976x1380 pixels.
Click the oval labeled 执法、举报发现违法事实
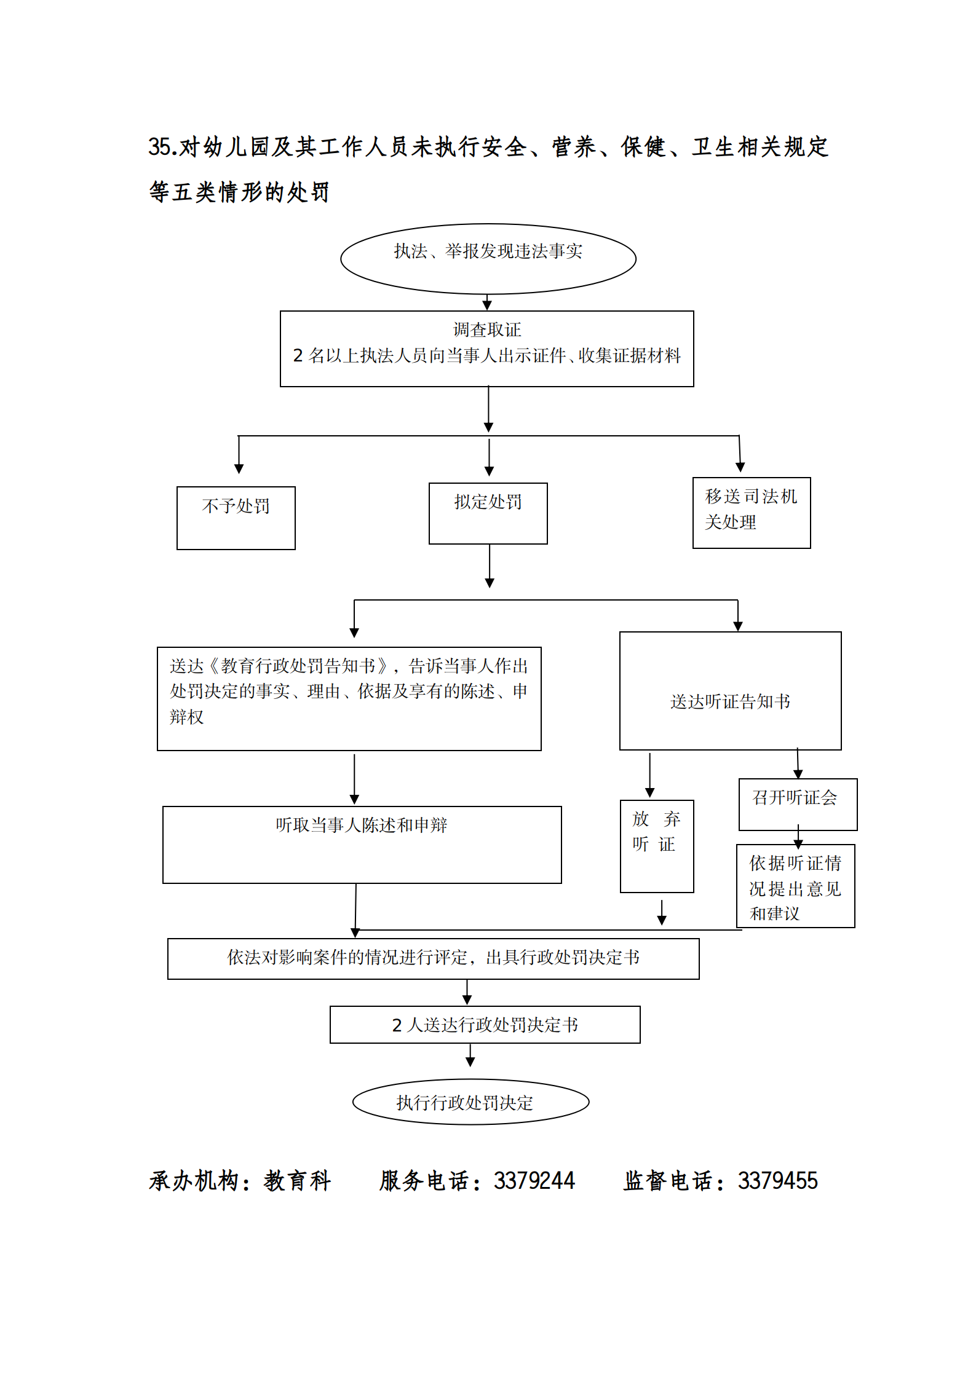point(488,258)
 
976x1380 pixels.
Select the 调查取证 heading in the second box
point(486,330)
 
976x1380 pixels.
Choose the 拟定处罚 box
point(488,513)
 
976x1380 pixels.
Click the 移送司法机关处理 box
point(751,512)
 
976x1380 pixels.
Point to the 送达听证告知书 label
point(730,701)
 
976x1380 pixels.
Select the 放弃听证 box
point(656,845)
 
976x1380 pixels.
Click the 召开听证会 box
point(797,803)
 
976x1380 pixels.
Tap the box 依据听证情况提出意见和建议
point(795,886)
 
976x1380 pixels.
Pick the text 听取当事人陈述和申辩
point(361,825)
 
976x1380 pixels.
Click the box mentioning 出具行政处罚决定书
point(433,958)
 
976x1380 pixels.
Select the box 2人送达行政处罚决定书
point(485,1025)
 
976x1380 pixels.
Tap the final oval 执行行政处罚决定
point(470,1102)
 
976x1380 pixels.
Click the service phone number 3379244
point(534,1181)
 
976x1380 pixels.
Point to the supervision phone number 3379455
point(777,1181)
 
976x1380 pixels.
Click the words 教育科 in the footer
point(298,1181)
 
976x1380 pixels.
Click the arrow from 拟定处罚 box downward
point(490,566)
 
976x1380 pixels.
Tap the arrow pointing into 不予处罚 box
point(239,455)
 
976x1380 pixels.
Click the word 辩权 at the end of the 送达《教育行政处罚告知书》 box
point(186,717)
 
